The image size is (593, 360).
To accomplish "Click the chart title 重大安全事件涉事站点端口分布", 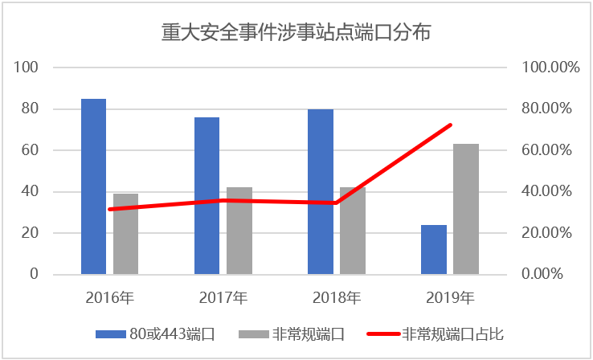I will [x=296, y=33].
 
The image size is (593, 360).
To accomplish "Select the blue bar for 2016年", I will [x=93, y=186].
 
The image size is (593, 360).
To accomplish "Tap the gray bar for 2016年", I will [x=125, y=234].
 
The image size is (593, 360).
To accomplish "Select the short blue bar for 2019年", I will [x=434, y=249].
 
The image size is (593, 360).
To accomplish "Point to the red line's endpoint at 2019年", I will [x=450, y=125].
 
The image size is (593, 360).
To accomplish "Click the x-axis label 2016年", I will [x=110, y=297].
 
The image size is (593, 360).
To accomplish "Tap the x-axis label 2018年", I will [x=337, y=297].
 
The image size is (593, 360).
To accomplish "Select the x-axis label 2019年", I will [x=450, y=297].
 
